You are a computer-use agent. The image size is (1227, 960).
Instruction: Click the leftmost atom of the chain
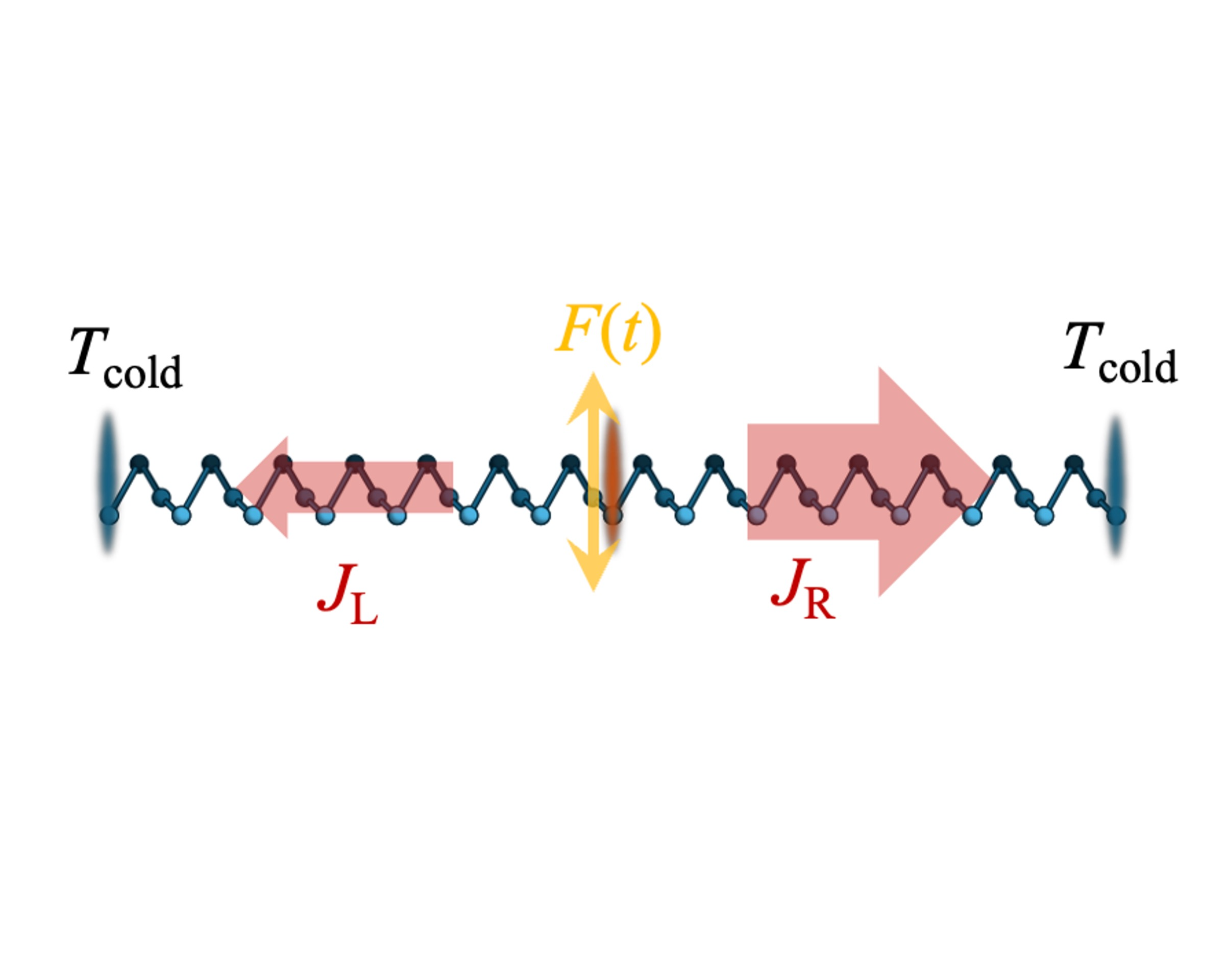click(x=110, y=515)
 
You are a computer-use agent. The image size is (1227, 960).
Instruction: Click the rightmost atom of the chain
click(x=1116, y=515)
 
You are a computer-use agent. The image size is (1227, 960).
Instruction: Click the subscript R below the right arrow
click(x=819, y=605)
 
